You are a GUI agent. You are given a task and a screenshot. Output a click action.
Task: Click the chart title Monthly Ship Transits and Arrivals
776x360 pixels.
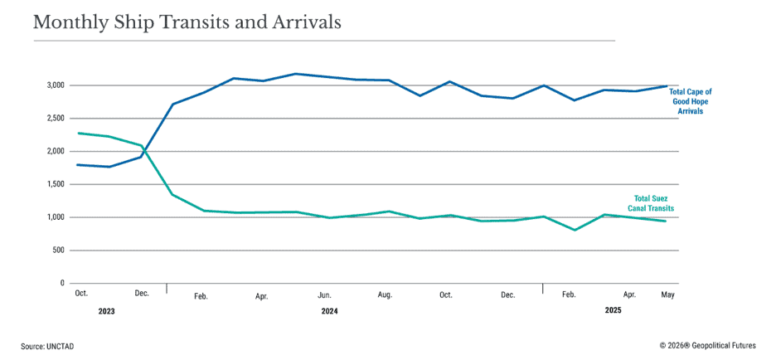tap(187, 22)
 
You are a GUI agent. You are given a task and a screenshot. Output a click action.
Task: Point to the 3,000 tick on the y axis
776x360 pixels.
tap(55, 85)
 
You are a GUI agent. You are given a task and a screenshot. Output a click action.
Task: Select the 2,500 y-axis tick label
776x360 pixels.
tap(55, 119)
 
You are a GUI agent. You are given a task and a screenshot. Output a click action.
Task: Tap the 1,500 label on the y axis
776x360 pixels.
tap(55, 184)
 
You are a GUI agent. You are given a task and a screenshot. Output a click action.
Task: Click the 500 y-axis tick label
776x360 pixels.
tap(57, 251)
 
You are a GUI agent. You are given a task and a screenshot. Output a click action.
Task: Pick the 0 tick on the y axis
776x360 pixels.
tap(61, 284)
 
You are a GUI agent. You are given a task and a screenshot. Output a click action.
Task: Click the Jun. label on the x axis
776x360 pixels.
tap(325, 294)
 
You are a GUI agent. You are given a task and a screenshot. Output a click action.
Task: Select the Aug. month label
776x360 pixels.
tap(385, 294)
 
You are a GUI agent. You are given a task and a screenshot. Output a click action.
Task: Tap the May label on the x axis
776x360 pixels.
tap(665, 294)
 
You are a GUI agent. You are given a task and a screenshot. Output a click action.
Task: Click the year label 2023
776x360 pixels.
tap(106, 311)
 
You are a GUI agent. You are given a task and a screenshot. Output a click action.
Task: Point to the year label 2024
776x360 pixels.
tap(329, 311)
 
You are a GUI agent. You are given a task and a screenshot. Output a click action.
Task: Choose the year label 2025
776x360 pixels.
tap(613, 310)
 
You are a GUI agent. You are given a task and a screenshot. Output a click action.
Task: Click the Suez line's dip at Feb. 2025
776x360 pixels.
tap(574, 230)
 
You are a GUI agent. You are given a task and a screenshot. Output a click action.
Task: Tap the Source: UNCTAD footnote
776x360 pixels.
tap(47, 346)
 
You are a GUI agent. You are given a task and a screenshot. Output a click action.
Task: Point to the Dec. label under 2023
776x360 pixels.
tap(142, 294)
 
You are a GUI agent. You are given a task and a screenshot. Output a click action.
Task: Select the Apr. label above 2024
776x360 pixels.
tap(262, 294)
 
